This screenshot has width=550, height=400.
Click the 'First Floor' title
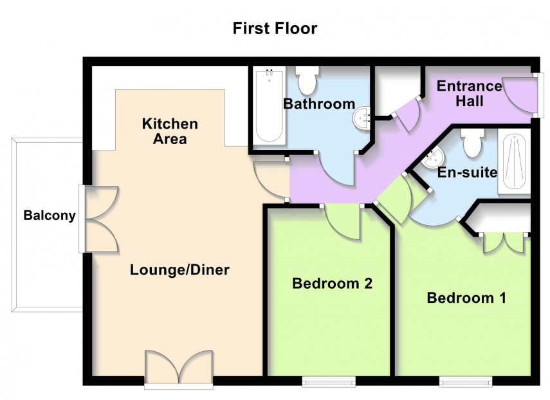(x=275, y=28)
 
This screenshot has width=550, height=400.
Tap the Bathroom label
(x=319, y=104)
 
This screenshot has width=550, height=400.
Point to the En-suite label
(x=467, y=172)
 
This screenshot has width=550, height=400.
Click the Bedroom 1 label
(x=466, y=298)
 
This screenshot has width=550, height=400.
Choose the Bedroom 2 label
(x=332, y=283)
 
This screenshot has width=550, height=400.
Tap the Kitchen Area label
(x=170, y=131)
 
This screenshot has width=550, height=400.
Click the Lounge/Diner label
(x=179, y=270)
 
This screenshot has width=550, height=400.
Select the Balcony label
(x=50, y=216)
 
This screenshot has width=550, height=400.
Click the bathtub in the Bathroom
(x=269, y=106)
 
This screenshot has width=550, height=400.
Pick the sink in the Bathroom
(x=362, y=118)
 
